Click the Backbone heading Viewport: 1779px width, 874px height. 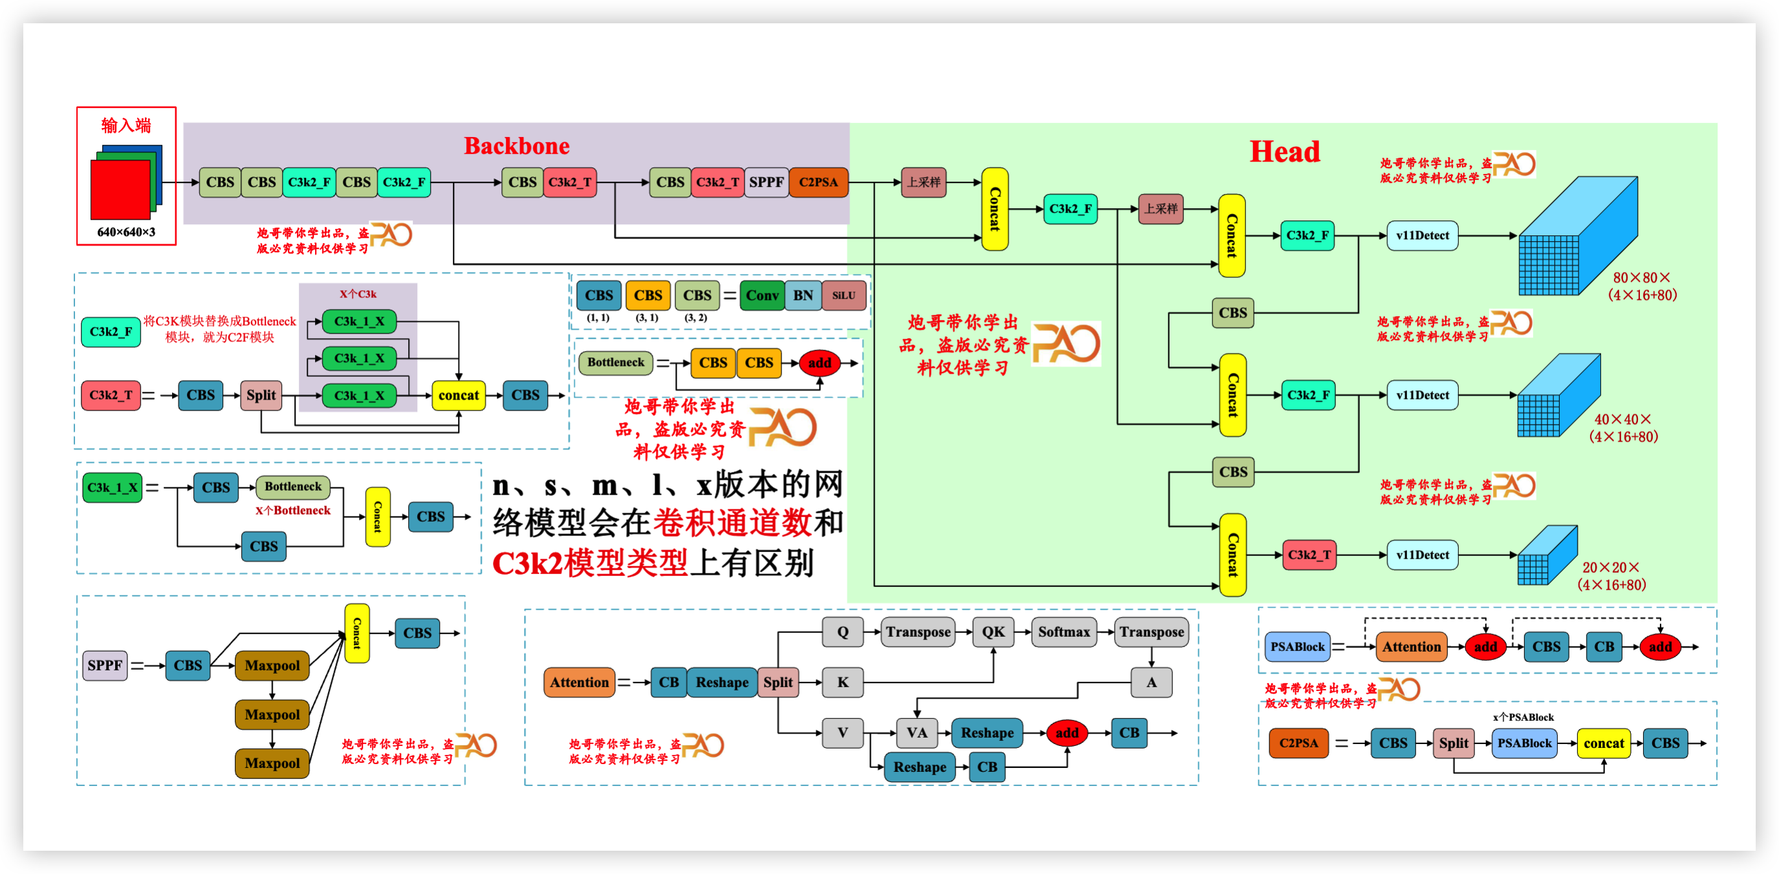(x=517, y=145)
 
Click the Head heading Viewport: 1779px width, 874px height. (x=1285, y=151)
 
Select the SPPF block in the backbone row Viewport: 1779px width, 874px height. (x=766, y=182)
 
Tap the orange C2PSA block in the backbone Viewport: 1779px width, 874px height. (x=818, y=182)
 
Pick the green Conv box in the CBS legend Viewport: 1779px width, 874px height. (x=762, y=295)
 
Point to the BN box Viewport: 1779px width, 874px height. (x=802, y=295)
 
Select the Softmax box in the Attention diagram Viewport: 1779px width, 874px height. (x=1064, y=632)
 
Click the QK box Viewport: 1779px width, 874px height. (x=993, y=632)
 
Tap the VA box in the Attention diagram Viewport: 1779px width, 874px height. (x=917, y=732)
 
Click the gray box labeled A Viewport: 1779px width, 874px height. (x=1151, y=682)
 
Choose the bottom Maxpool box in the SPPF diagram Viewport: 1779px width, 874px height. (x=272, y=763)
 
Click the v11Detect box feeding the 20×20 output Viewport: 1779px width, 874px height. (x=1422, y=555)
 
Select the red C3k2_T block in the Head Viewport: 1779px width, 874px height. (x=1309, y=555)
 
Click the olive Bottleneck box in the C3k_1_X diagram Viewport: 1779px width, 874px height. (x=293, y=487)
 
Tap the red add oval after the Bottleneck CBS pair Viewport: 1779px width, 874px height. (x=820, y=363)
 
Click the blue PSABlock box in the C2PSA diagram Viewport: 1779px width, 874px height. (x=1524, y=743)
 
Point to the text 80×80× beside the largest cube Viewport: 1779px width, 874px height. (x=1641, y=277)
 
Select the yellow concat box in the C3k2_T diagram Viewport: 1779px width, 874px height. (x=459, y=396)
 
